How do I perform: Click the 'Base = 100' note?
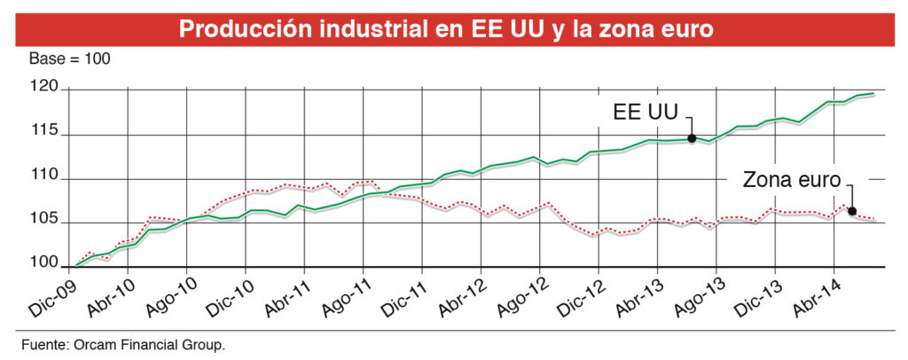(x=69, y=59)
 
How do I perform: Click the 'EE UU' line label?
(x=646, y=113)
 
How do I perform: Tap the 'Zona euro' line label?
(x=791, y=180)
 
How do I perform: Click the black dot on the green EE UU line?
(x=692, y=138)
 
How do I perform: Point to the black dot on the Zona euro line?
(x=852, y=211)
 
